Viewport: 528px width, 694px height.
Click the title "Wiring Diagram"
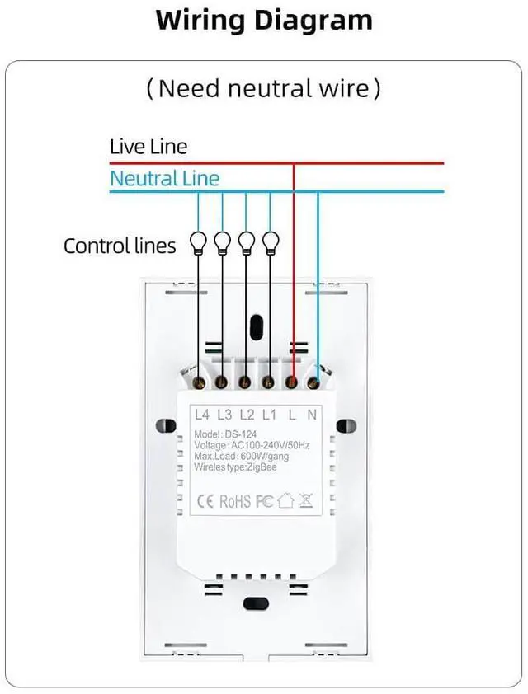(x=264, y=20)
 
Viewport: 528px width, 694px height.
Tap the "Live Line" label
(x=148, y=147)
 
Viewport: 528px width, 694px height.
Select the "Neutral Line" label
(x=164, y=178)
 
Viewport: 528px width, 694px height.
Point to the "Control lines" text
(x=120, y=246)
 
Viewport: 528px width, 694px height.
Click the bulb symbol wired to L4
(x=198, y=241)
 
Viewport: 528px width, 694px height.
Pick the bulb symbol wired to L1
(x=271, y=241)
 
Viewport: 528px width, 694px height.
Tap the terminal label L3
(x=224, y=414)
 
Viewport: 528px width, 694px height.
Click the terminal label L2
(x=246, y=414)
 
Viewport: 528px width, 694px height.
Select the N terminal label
(x=312, y=414)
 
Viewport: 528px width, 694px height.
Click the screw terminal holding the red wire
(x=292, y=382)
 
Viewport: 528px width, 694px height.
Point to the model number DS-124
(x=246, y=435)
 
